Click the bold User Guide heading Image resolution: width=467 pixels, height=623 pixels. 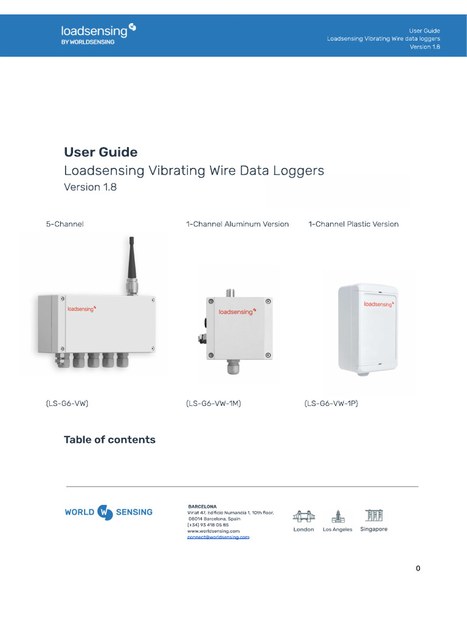(x=101, y=152)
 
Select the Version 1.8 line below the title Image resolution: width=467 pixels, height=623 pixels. (x=90, y=187)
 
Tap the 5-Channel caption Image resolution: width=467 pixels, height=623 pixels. (x=64, y=224)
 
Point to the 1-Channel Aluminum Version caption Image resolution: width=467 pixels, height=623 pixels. (x=237, y=224)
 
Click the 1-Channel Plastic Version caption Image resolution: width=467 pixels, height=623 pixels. (x=353, y=224)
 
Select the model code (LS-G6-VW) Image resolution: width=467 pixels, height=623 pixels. (x=67, y=403)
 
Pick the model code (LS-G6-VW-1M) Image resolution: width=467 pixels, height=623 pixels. (x=213, y=403)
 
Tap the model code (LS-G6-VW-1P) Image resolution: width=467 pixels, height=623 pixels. (x=331, y=403)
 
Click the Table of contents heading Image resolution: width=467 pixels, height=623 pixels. (x=109, y=439)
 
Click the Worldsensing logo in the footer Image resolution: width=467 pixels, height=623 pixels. (x=108, y=512)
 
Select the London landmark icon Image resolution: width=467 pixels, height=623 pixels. (x=303, y=517)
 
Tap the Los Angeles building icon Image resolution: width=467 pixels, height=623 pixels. (x=337, y=517)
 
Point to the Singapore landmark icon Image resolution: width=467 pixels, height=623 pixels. (x=373, y=515)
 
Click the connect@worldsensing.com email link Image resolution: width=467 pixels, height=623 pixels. (x=218, y=537)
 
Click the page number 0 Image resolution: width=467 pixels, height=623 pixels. (x=418, y=568)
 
